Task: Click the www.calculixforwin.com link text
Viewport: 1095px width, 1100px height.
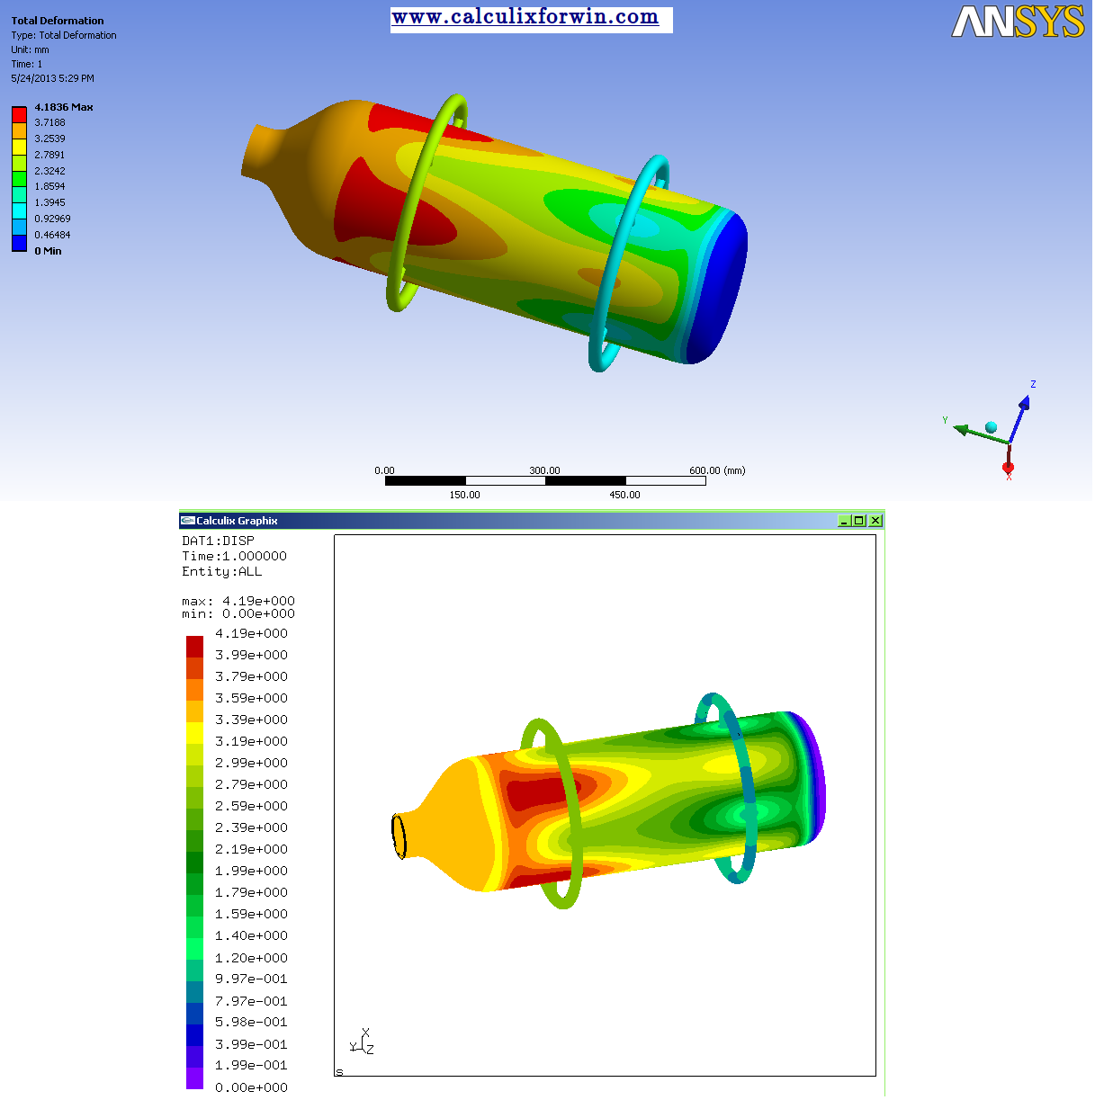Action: (x=525, y=17)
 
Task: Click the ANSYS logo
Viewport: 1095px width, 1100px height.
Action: (x=1018, y=22)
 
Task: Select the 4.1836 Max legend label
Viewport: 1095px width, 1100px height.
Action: (x=64, y=107)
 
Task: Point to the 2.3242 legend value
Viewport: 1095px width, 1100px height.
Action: (x=50, y=171)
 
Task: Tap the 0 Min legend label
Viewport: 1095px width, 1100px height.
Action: (x=48, y=251)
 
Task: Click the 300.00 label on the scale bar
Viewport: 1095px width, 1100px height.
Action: (x=544, y=470)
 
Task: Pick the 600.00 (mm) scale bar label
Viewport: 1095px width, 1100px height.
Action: (x=717, y=470)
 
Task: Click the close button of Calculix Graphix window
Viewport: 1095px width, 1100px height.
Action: (x=875, y=521)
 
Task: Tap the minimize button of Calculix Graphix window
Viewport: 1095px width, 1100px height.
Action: (x=844, y=521)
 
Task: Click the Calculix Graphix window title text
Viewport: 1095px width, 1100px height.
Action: (x=237, y=521)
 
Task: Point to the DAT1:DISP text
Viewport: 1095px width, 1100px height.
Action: (x=218, y=541)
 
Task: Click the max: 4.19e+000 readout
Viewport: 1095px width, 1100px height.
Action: (x=238, y=601)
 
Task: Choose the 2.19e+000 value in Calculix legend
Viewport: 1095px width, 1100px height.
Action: (x=251, y=849)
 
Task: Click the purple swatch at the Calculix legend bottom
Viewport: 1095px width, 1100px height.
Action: (x=194, y=1078)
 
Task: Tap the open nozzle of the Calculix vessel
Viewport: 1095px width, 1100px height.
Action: (x=399, y=836)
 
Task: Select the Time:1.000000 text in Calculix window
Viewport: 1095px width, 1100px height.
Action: (x=234, y=556)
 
